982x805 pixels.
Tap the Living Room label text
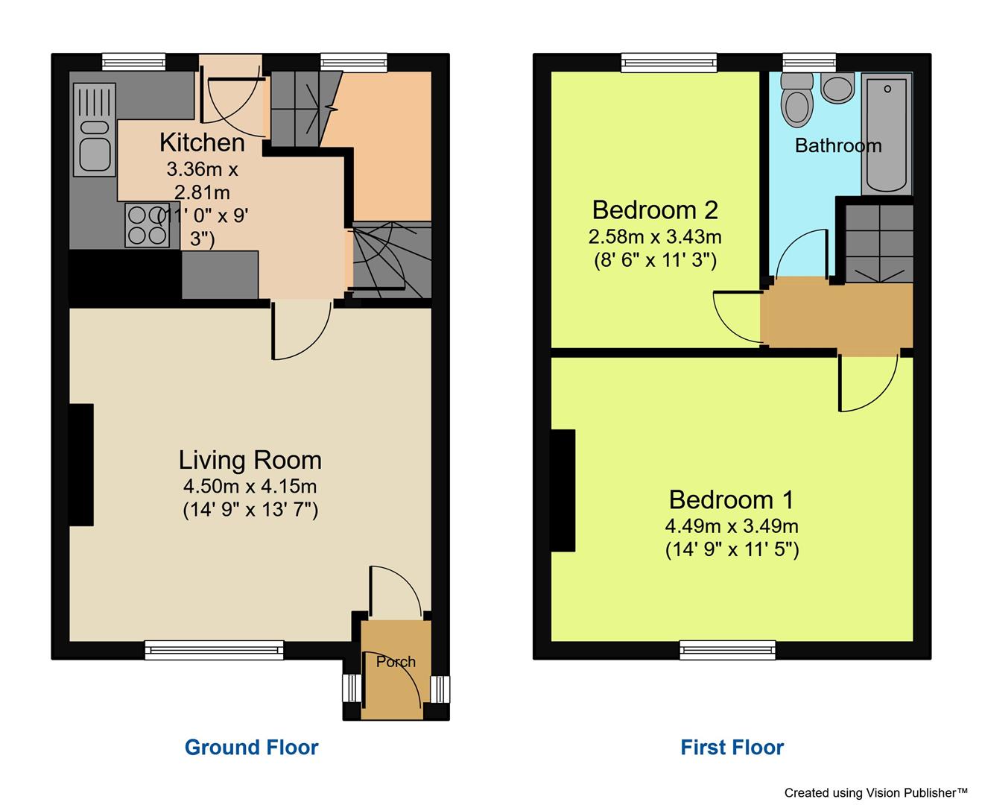coord(250,460)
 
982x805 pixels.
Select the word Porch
coord(396,662)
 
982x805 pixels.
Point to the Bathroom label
coord(838,145)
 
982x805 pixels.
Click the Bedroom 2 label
coord(655,210)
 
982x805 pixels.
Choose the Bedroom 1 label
coord(732,499)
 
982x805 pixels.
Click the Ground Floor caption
coord(251,747)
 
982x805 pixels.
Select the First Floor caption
coord(732,747)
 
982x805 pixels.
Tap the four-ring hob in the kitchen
coord(147,225)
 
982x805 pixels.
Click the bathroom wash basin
coord(838,88)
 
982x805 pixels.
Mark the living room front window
coord(215,650)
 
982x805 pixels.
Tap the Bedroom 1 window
coord(727,650)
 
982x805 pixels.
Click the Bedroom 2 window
coord(669,63)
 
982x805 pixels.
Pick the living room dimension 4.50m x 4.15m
coord(250,487)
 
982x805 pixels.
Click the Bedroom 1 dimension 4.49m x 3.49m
coord(732,526)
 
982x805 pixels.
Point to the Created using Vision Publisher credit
coord(875,792)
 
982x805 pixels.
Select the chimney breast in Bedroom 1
coord(563,490)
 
